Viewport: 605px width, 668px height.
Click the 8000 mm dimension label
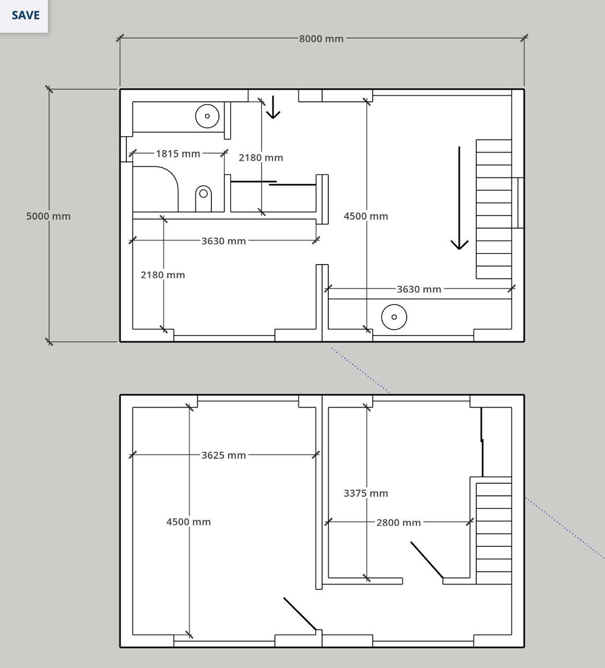(321, 39)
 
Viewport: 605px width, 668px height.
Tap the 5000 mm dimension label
(49, 217)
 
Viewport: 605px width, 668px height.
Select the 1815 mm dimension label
(178, 154)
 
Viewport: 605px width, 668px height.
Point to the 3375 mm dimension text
(366, 494)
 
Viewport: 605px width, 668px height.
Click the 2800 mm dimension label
(398, 523)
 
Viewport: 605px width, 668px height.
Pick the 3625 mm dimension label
(223, 456)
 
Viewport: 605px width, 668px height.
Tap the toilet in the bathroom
(203, 198)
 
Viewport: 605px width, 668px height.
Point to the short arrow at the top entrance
(273, 107)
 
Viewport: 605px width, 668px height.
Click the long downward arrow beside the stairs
(459, 198)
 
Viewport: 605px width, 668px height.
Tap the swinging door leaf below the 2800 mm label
(427, 560)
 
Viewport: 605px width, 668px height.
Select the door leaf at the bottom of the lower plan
(300, 614)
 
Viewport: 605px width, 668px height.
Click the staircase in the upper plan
(494, 209)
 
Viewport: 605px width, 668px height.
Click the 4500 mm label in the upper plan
(366, 217)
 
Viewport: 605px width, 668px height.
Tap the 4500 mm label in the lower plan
(188, 522)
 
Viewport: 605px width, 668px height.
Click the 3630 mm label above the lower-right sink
(419, 289)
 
